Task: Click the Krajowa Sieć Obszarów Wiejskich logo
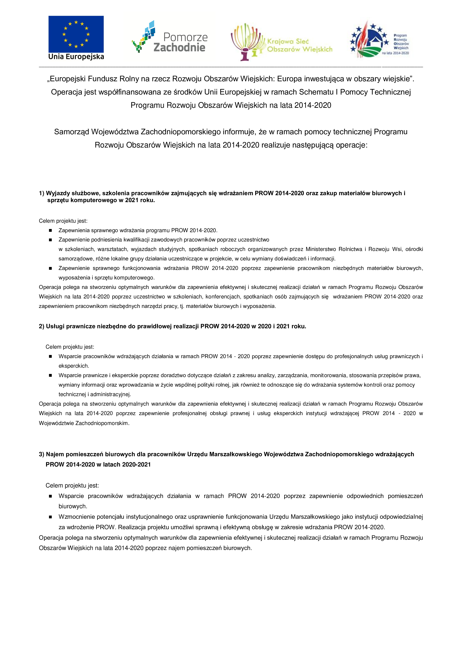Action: [282, 42]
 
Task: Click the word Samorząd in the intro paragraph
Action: [72, 132]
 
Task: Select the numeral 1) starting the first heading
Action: [41, 193]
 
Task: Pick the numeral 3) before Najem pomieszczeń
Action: [41, 454]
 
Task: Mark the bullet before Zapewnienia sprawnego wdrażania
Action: [50, 230]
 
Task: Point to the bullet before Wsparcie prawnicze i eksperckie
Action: [50, 375]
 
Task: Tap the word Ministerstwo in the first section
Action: [321, 249]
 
